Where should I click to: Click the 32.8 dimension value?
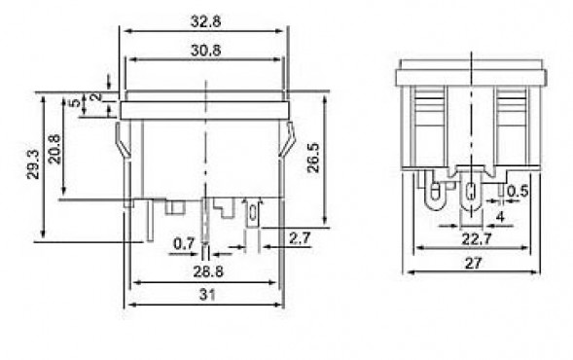(205, 21)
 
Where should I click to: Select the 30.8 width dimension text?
(205, 50)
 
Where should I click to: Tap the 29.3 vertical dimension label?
(33, 163)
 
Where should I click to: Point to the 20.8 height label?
(54, 149)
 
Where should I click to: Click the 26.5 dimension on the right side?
(313, 158)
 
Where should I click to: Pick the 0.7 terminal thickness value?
(184, 243)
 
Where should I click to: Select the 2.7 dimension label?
(300, 238)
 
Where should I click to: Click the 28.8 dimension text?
(208, 271)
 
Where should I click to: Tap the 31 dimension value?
(207, 294)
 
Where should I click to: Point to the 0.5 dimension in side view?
(518, 191)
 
